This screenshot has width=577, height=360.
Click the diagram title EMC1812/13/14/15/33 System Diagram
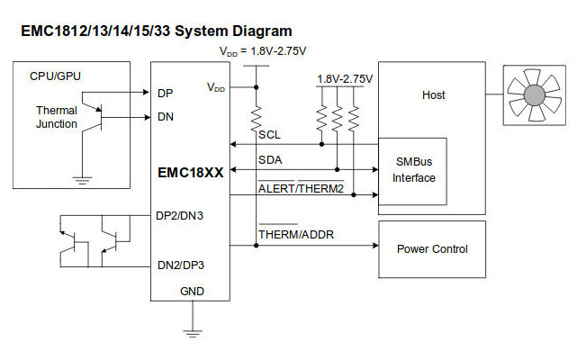156,31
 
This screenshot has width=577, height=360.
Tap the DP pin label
166,93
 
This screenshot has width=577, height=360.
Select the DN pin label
166,117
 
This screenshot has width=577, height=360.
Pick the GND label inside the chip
191,292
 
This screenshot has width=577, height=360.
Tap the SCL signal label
268,135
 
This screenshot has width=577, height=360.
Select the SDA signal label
269,159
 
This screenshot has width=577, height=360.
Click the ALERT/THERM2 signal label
301,187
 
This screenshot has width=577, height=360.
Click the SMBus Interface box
415,170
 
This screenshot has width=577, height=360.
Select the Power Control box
432,248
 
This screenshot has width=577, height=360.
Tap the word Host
434,94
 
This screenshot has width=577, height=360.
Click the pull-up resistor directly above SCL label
257,116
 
